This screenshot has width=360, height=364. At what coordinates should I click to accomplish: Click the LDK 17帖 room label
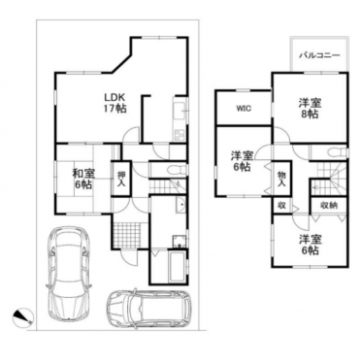point(115,103)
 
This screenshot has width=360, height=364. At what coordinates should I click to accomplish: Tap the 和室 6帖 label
point(83,180)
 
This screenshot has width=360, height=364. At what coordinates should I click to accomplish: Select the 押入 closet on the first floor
point(121,178)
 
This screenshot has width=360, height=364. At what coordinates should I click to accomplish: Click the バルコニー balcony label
point(319,55)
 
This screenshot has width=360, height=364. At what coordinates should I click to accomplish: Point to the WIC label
point(244,109)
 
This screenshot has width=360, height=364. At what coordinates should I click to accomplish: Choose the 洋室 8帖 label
point(310,109)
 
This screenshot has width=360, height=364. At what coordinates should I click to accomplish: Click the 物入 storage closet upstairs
point(281,178)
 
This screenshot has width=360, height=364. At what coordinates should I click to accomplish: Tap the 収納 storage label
point(329,206)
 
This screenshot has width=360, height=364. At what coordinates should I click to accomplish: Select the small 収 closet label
point(282,206)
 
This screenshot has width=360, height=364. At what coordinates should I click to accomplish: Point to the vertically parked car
point(69,273)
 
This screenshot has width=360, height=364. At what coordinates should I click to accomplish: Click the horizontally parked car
point(148,309)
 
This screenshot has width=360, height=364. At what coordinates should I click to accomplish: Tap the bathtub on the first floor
point(177,266)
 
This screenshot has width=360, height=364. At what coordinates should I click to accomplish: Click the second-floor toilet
point(337,151)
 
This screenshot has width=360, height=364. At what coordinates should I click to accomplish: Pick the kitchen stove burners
point(180,135)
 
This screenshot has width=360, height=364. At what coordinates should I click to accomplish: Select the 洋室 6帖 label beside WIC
point(243,161)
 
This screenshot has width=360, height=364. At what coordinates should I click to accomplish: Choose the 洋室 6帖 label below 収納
point(310,246)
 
